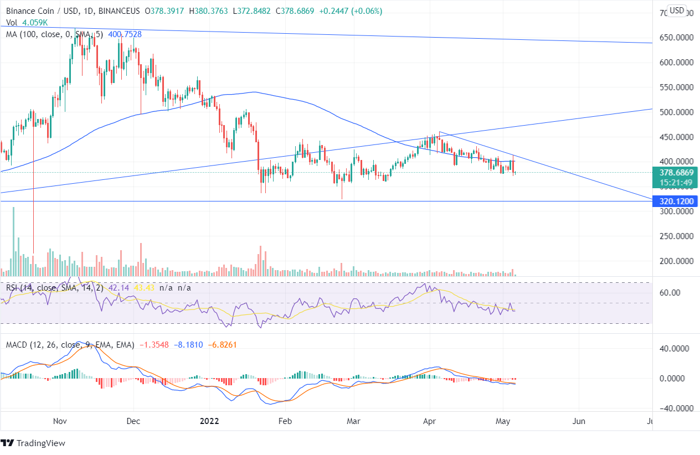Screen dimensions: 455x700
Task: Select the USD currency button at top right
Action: point(677,10)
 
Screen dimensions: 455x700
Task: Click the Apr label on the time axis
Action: point(429,421)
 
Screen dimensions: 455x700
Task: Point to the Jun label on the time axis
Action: point(579,421)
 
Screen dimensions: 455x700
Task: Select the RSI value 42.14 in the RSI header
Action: point(114,288)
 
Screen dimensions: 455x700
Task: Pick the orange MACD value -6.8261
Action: point(224,345)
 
